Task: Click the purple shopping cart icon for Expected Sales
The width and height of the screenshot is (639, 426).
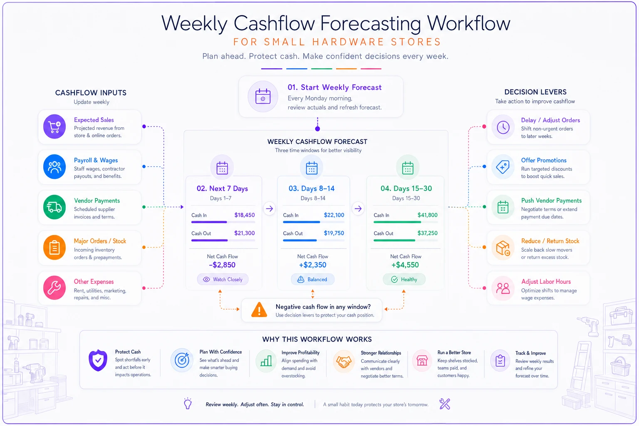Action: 54,127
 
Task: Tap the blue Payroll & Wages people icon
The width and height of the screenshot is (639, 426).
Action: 54,167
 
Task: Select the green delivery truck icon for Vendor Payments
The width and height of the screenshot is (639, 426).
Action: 54,207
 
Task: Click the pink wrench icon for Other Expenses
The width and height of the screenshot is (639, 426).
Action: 54,287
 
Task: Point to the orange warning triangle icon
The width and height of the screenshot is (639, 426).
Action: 259,310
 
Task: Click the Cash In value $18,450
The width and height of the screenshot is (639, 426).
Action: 245,215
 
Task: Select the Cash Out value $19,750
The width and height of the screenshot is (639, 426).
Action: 334,233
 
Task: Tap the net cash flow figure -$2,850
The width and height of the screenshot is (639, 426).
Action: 222,265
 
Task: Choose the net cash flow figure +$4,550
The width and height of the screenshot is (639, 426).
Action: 405,265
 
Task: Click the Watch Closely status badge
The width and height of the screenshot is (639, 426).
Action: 223,279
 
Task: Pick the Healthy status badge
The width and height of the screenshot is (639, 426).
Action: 404,279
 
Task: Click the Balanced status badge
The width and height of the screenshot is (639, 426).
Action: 312,279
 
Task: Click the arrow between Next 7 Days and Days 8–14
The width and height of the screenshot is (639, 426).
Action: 269,208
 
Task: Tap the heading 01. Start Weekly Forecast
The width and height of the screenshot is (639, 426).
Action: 334,87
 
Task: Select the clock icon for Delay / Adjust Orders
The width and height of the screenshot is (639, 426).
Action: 503,127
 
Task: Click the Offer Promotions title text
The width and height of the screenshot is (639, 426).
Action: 544,160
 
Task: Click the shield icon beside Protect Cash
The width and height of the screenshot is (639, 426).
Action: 98,360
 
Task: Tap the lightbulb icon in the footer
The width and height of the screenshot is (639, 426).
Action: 188,404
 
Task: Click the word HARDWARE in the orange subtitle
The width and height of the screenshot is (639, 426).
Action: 348,42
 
